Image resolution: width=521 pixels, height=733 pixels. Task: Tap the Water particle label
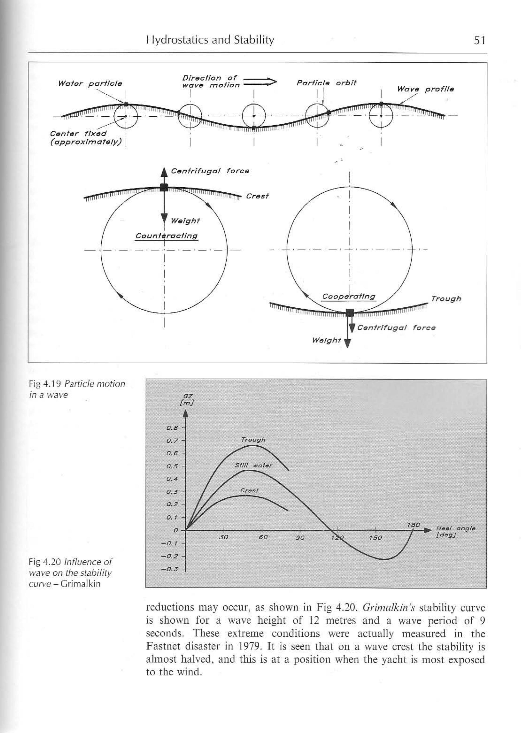click(90, 84)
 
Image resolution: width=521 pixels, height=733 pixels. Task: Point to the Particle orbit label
click(326, 83)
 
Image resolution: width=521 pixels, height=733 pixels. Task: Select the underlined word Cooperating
click(348, 296)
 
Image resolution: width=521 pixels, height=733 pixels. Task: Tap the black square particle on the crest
click(164, 187)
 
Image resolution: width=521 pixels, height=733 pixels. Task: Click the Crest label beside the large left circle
click(257, 196)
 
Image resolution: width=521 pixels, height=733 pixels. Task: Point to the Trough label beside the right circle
click(446, 299)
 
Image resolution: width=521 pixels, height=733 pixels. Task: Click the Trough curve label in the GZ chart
click(253, 440)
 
